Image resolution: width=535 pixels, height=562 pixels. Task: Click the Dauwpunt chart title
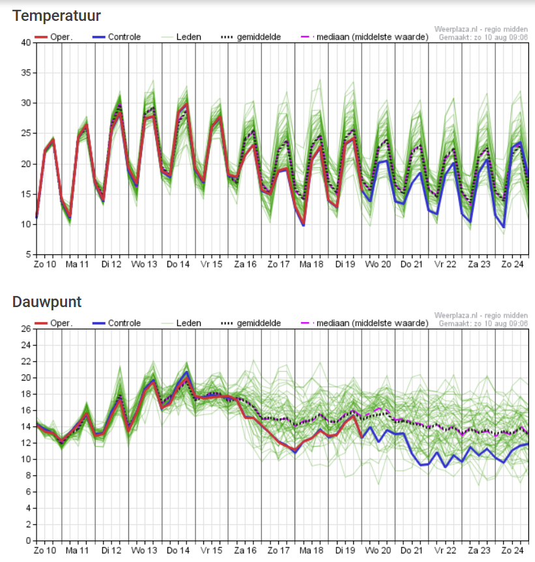47,302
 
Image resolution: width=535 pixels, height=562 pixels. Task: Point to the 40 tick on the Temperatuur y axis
26,42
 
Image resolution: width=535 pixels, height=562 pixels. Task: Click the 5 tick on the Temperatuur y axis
29,254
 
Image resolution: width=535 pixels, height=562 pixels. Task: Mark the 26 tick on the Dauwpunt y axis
26,329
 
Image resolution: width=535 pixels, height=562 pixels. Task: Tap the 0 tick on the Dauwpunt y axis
29,540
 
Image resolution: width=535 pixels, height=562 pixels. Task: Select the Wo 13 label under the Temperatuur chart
144,264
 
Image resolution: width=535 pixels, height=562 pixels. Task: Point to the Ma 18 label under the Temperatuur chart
311,264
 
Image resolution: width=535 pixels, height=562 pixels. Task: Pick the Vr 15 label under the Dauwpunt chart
210,550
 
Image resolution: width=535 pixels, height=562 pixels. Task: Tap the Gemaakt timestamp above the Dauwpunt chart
483,323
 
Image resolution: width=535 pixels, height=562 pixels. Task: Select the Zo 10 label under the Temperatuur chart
45,264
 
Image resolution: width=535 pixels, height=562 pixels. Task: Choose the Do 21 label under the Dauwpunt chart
411,550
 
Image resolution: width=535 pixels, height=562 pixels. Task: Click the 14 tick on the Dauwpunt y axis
26,426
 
